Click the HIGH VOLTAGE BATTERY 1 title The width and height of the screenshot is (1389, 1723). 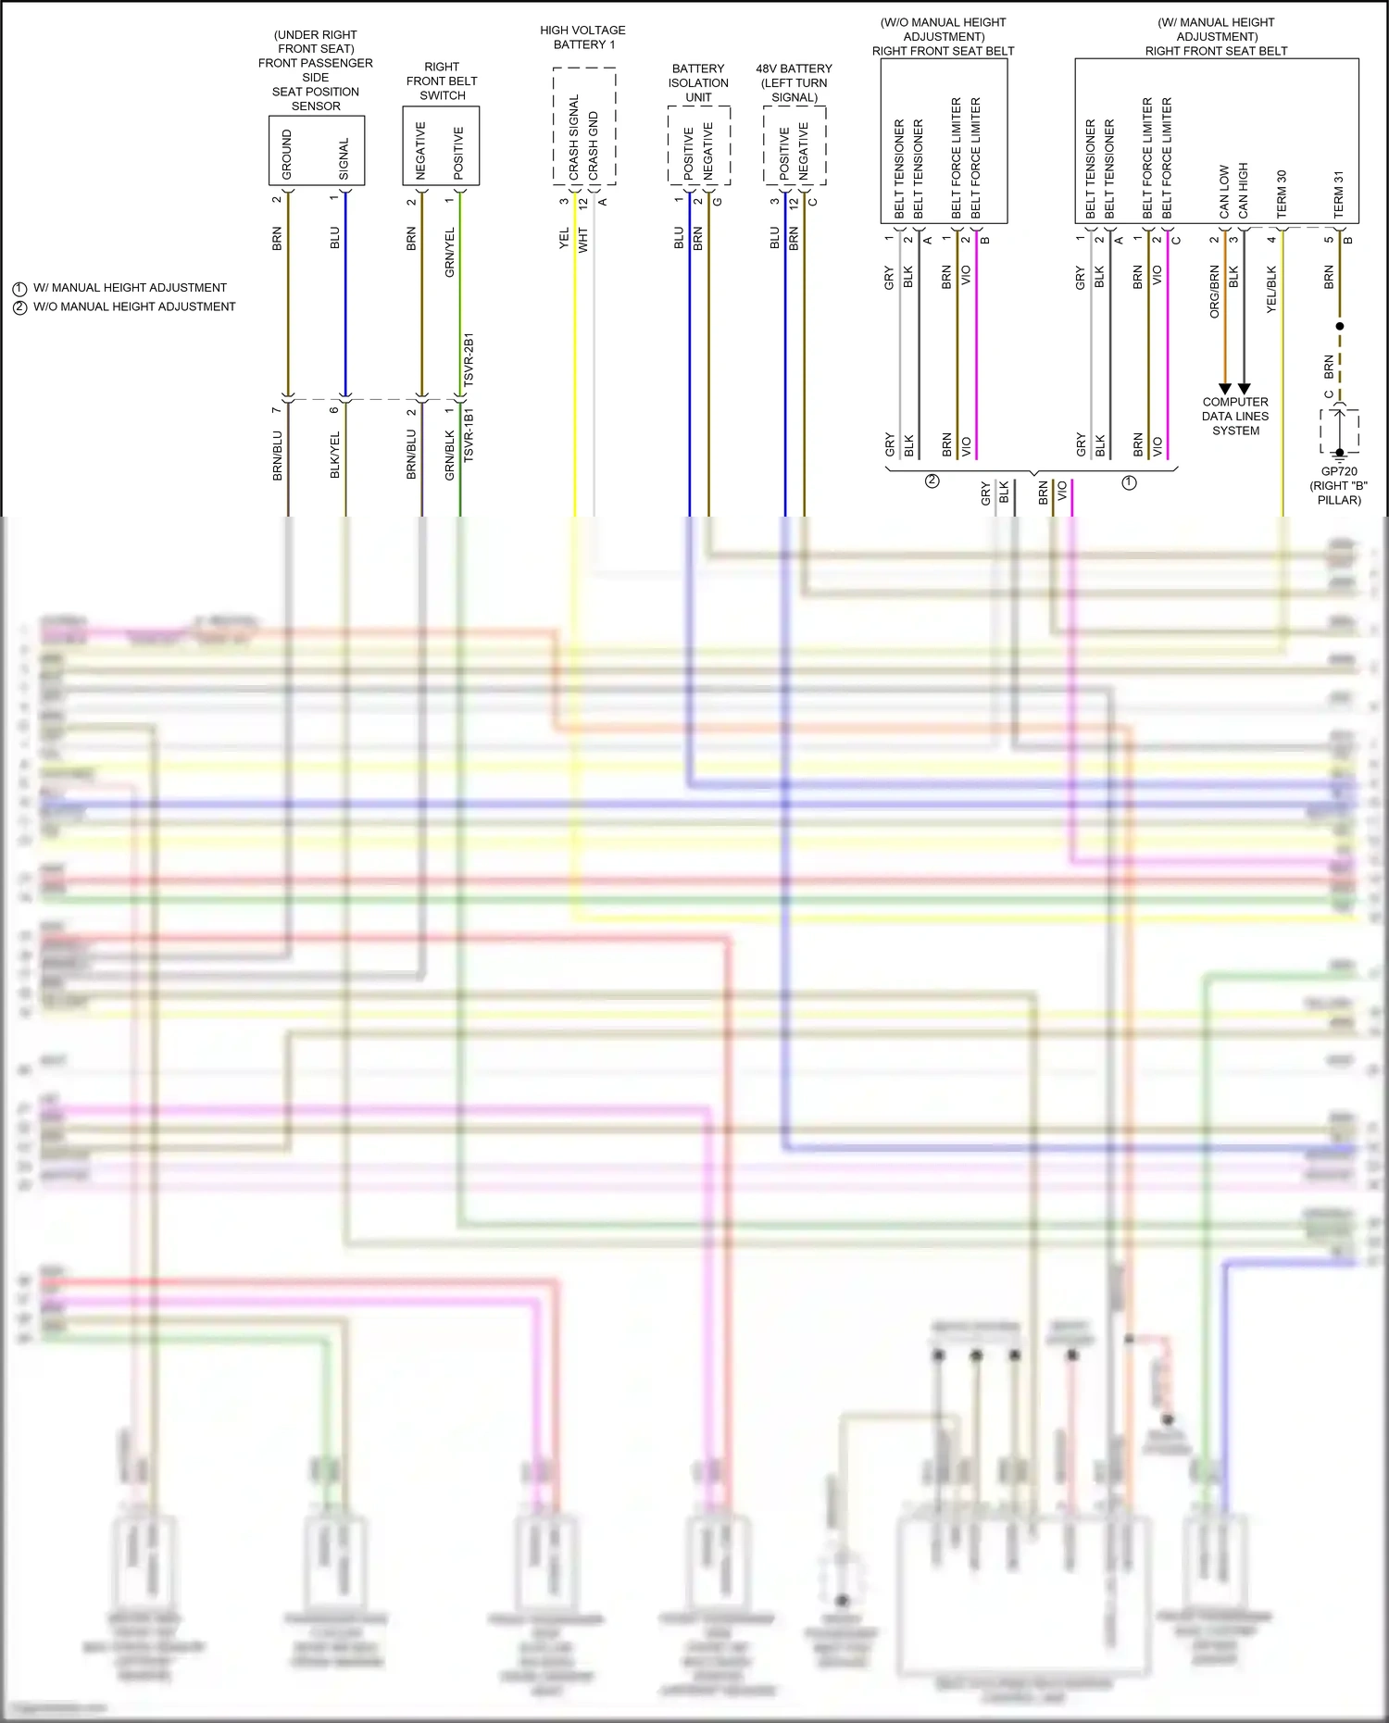pos(582,37)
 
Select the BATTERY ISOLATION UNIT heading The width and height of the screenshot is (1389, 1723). pos(698,82)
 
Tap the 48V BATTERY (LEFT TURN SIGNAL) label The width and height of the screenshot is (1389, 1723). pos(794,82)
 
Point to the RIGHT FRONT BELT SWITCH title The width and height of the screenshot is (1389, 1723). pos(442,81)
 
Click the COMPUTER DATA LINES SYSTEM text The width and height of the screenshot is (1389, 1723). pos(1235,416)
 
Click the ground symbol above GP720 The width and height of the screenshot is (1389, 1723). pos(1339,453)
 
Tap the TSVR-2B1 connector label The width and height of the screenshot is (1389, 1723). pos(469,359)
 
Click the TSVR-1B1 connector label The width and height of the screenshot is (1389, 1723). pos(469,434)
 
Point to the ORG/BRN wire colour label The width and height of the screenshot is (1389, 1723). pos(1215,292)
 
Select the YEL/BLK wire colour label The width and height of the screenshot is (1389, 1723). pos(1271,289)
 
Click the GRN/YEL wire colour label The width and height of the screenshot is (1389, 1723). pos(450,252)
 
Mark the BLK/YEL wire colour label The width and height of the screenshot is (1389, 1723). pos(335,455)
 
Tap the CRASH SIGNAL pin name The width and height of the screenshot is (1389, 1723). pos(574,137)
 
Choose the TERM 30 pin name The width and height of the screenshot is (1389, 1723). pos(1282,194)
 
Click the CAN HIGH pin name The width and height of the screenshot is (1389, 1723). pos(1243,191)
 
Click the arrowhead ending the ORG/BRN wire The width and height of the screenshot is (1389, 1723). pos(1225,389)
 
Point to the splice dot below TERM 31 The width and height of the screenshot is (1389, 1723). pos(1339,326)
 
